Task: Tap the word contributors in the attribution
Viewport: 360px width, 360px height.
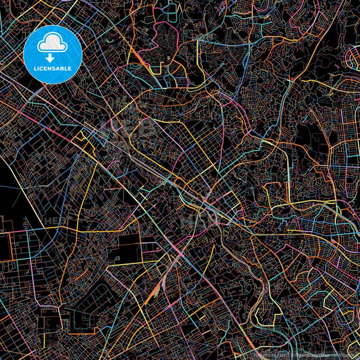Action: click(x=347, y=354)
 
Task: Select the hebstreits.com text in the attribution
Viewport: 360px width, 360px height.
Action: click(x=270, y=354)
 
